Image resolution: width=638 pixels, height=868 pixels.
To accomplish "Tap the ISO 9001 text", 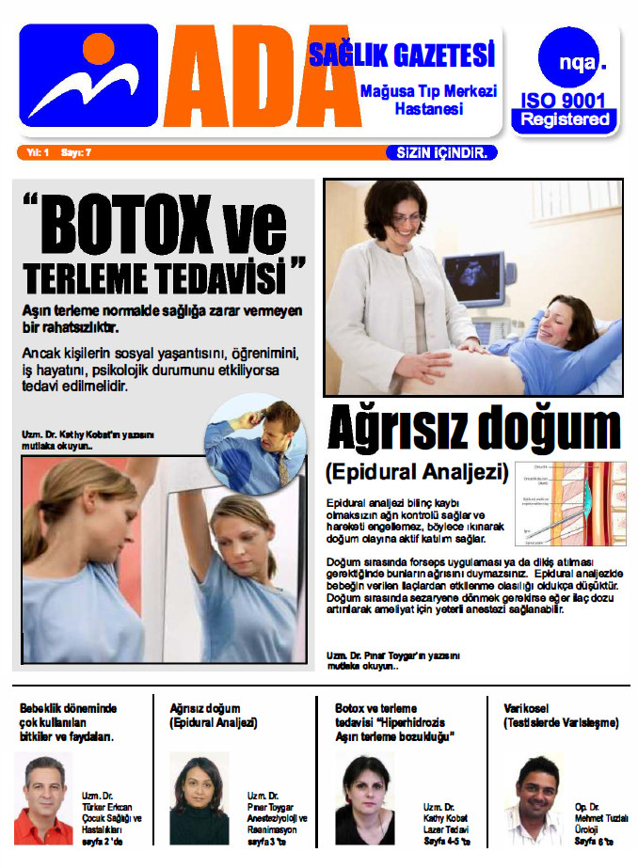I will [x=564, y=101].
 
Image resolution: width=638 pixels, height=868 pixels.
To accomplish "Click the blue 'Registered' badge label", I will [x=565, y=120].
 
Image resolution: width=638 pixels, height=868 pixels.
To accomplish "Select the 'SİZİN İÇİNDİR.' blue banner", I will [x=440, y=152].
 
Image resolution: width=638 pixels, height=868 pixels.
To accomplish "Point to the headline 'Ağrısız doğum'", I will [x=473, y=431].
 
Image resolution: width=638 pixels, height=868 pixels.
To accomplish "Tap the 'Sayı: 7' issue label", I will [x=76, y=152].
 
